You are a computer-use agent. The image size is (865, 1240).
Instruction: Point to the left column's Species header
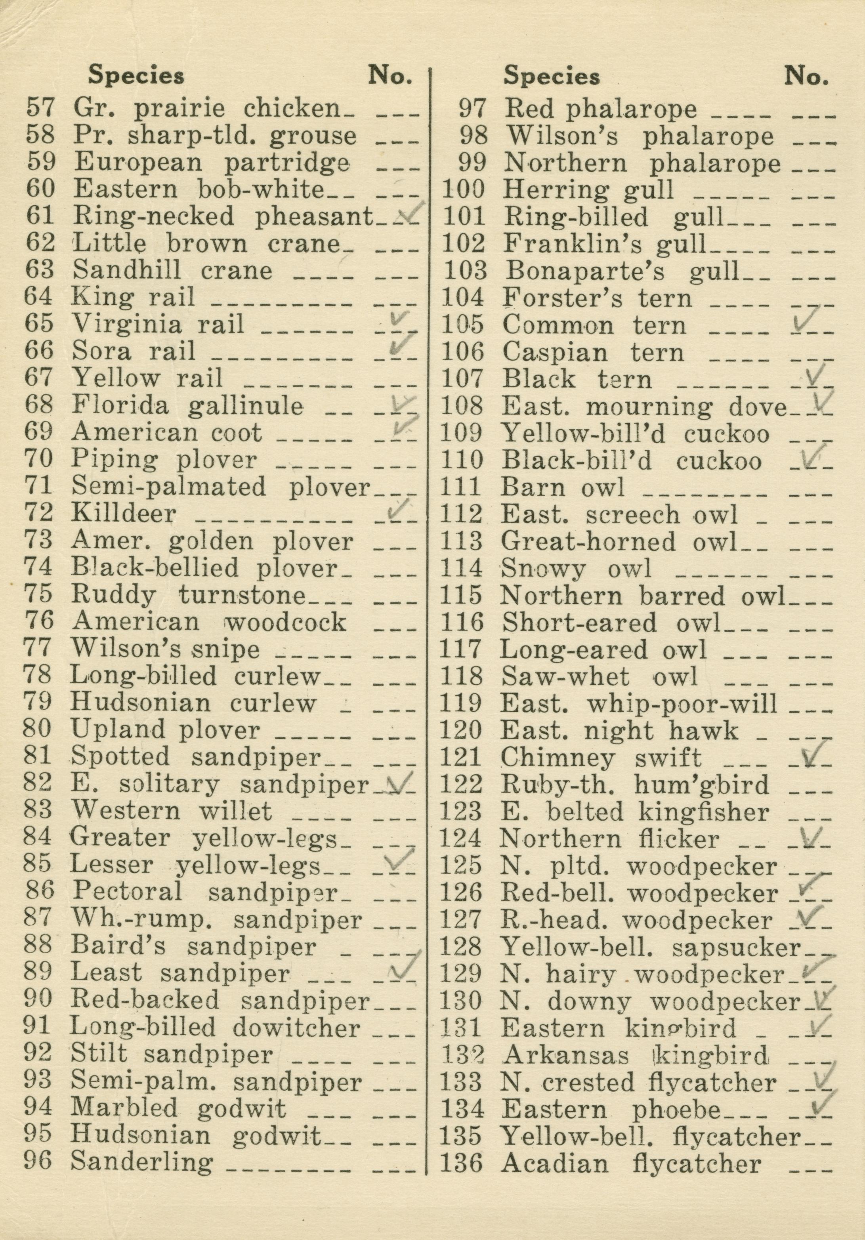pyautogui.click(x=136, y=76)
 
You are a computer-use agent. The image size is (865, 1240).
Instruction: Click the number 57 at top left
pyautogui.click(x=40, y=108)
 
